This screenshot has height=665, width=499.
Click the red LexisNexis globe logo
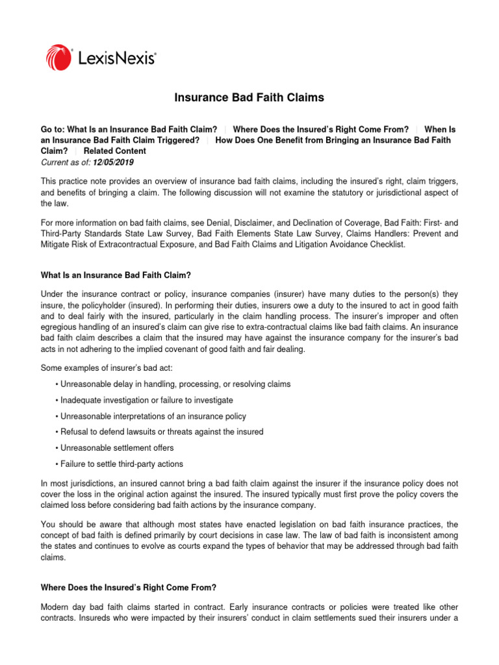(x=59, y=57)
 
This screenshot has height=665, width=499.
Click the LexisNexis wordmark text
(x=118, y=58)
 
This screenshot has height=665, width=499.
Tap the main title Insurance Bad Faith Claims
(x=249, y=98)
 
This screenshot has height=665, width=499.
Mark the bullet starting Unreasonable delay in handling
(x=175, y=384)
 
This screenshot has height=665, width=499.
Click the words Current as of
(x=62, y=162)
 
